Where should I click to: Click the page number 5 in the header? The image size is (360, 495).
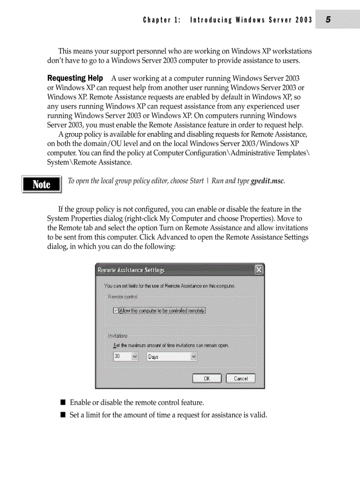[329, 19]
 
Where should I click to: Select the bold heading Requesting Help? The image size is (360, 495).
[75, 78]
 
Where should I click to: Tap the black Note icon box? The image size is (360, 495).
[41, 184]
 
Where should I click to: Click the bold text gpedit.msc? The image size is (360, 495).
[267, 181]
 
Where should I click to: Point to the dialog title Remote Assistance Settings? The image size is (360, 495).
[131, 270]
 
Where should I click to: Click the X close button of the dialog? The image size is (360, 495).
[259, 270]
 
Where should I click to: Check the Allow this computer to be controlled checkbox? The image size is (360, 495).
[116, 310]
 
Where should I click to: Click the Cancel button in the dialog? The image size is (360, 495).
[240, 378]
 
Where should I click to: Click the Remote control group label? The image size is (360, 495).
[123, 297]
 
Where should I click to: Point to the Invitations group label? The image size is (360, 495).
[118, 335]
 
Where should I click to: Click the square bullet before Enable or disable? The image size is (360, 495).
[63, 402]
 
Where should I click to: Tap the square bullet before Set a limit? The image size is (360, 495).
[63, 415]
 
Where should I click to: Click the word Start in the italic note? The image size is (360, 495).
[197, 181]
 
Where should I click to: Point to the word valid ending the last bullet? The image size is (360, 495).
[259, 415]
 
